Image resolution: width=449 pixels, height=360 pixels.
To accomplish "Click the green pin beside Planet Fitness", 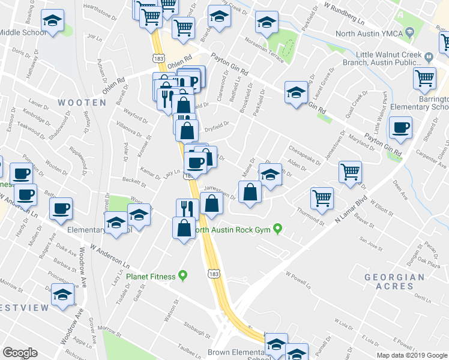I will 183,276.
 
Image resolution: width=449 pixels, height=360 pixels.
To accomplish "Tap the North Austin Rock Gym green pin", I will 277,229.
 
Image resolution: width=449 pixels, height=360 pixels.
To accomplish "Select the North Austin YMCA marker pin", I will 409,31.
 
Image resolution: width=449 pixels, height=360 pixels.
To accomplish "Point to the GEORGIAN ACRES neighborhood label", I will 394,281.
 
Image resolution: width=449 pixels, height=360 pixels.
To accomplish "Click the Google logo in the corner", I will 20,353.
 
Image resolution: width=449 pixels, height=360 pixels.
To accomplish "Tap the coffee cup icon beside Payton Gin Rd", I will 400,127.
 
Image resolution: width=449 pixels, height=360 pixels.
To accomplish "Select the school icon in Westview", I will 62,295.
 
